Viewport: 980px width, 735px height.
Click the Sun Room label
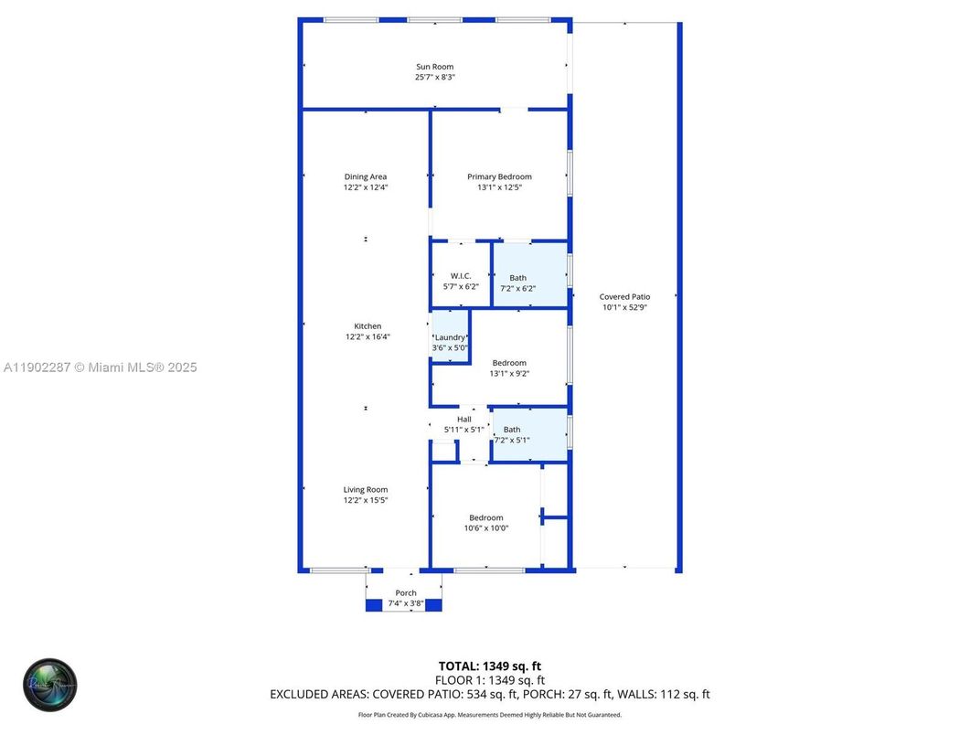[x=434, y=67]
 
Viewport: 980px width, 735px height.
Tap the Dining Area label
[x=365, y=177]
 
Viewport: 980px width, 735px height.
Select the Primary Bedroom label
[x=499, y=177]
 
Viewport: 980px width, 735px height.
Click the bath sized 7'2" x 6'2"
[x=517, y=282]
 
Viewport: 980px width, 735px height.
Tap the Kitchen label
[x=367, y=326]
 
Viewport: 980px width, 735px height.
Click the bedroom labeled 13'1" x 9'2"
[x=509, y=367]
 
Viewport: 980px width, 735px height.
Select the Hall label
[x=463, y=420]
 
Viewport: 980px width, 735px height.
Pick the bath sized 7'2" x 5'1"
[x=512, y=434]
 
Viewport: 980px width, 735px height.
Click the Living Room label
[x=366, y=490]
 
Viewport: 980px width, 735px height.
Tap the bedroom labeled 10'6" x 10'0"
[x=485, y=522]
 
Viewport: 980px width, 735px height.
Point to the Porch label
[x=405, y=593]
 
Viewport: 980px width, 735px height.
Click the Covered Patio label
[x=624, y=297]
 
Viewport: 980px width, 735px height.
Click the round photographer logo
[x=50, y=685]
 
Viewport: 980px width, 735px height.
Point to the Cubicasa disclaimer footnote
[x=489, y=715]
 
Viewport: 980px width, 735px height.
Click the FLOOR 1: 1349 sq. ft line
[x=490, y=680]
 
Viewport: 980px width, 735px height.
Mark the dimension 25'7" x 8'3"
[x=434, y=78]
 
